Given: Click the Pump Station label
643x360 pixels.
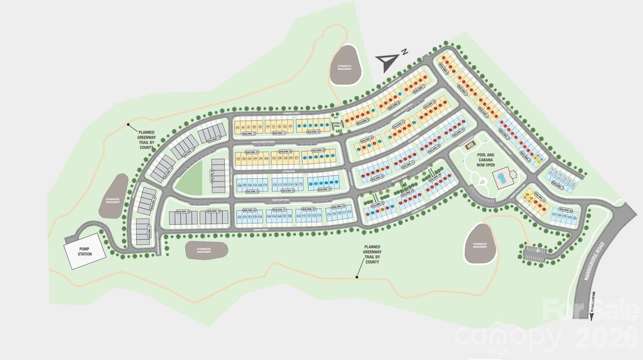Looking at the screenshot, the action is click(x=84, y=250).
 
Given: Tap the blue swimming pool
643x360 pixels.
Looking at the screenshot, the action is click(x=501, y=177).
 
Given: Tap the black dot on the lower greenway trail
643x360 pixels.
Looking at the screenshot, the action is click(x=357, y=277).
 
